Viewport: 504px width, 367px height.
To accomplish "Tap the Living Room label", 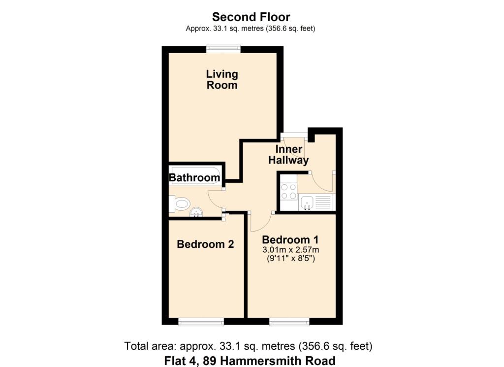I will [x=222, y=79].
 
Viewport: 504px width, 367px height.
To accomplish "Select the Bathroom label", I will [x=194, y=178].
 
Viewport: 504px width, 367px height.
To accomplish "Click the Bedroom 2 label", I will [x=205, y=244].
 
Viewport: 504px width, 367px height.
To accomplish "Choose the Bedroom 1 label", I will [x=290, y=239].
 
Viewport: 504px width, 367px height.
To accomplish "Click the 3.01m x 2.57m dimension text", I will [x=290, y=250].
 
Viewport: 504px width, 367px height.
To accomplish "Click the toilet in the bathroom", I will [x=180, y=203].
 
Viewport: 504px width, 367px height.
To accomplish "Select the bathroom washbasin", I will [x=196, y=212].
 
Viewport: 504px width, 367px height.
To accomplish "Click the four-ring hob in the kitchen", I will [x=288, y=191].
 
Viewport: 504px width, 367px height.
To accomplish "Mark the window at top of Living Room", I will [x=223, y=48].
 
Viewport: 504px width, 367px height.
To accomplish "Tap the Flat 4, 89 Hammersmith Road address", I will [x=250, y=360].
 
